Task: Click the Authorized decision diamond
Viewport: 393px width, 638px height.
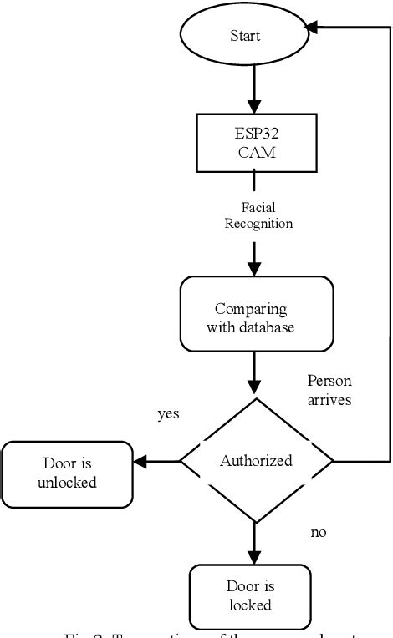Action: click(257, 460)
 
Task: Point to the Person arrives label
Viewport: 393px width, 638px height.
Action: click(329, 389)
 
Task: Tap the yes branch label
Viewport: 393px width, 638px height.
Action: click(168, 413)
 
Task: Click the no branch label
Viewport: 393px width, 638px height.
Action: click(318, 532)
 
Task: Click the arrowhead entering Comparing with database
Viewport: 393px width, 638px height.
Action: click(253, 269)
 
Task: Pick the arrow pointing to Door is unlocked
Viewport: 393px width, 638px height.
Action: click(157, 461)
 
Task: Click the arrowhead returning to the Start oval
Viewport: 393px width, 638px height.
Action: click(311, 28)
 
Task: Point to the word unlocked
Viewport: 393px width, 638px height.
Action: click(67, 482)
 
